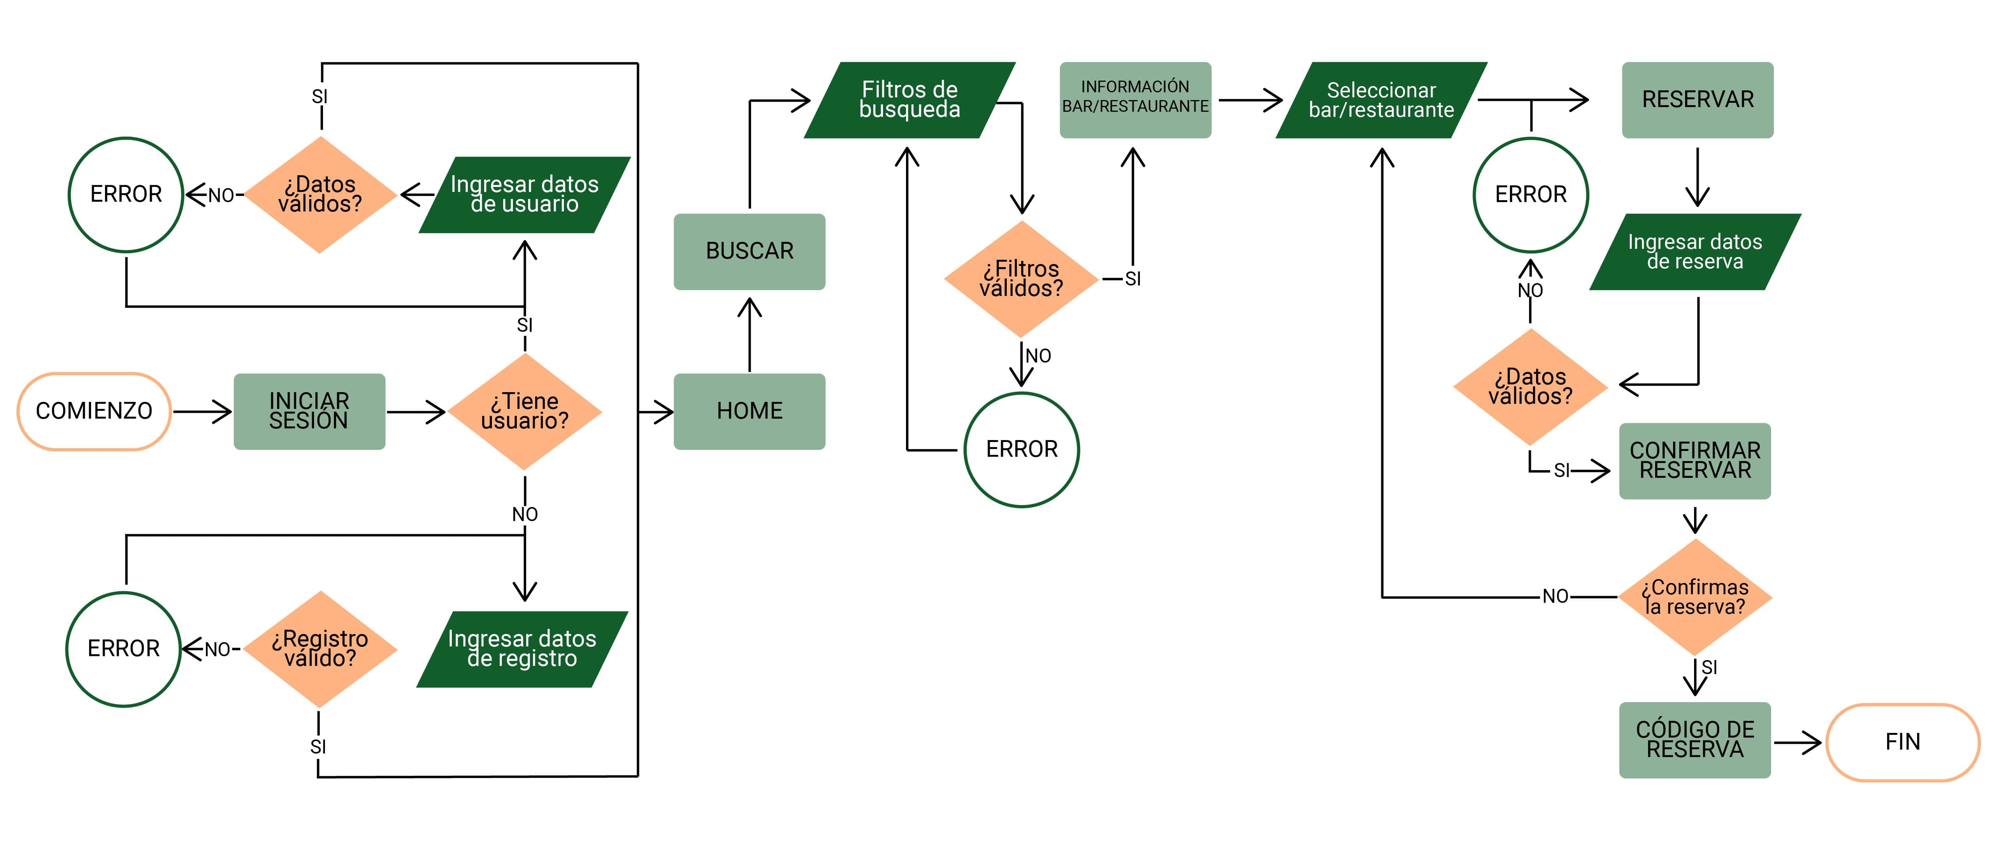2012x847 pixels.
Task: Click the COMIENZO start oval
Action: click(94, 411)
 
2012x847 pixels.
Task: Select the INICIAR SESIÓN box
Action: click(309, 411)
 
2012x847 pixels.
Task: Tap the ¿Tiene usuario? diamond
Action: click(525, 411)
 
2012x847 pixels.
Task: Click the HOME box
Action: click(749, 411)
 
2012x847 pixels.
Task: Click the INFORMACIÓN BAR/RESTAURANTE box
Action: click(1135, 100)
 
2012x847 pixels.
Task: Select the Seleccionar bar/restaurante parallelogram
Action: click(1381, 100)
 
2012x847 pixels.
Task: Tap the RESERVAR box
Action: click(1697, 100)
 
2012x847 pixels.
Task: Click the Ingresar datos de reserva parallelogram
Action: click(1695, 252)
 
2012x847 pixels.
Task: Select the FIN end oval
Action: click(1903, 741)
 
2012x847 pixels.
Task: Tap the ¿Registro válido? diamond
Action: click(320, 648)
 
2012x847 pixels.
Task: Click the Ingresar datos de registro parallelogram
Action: click(522, 648)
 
